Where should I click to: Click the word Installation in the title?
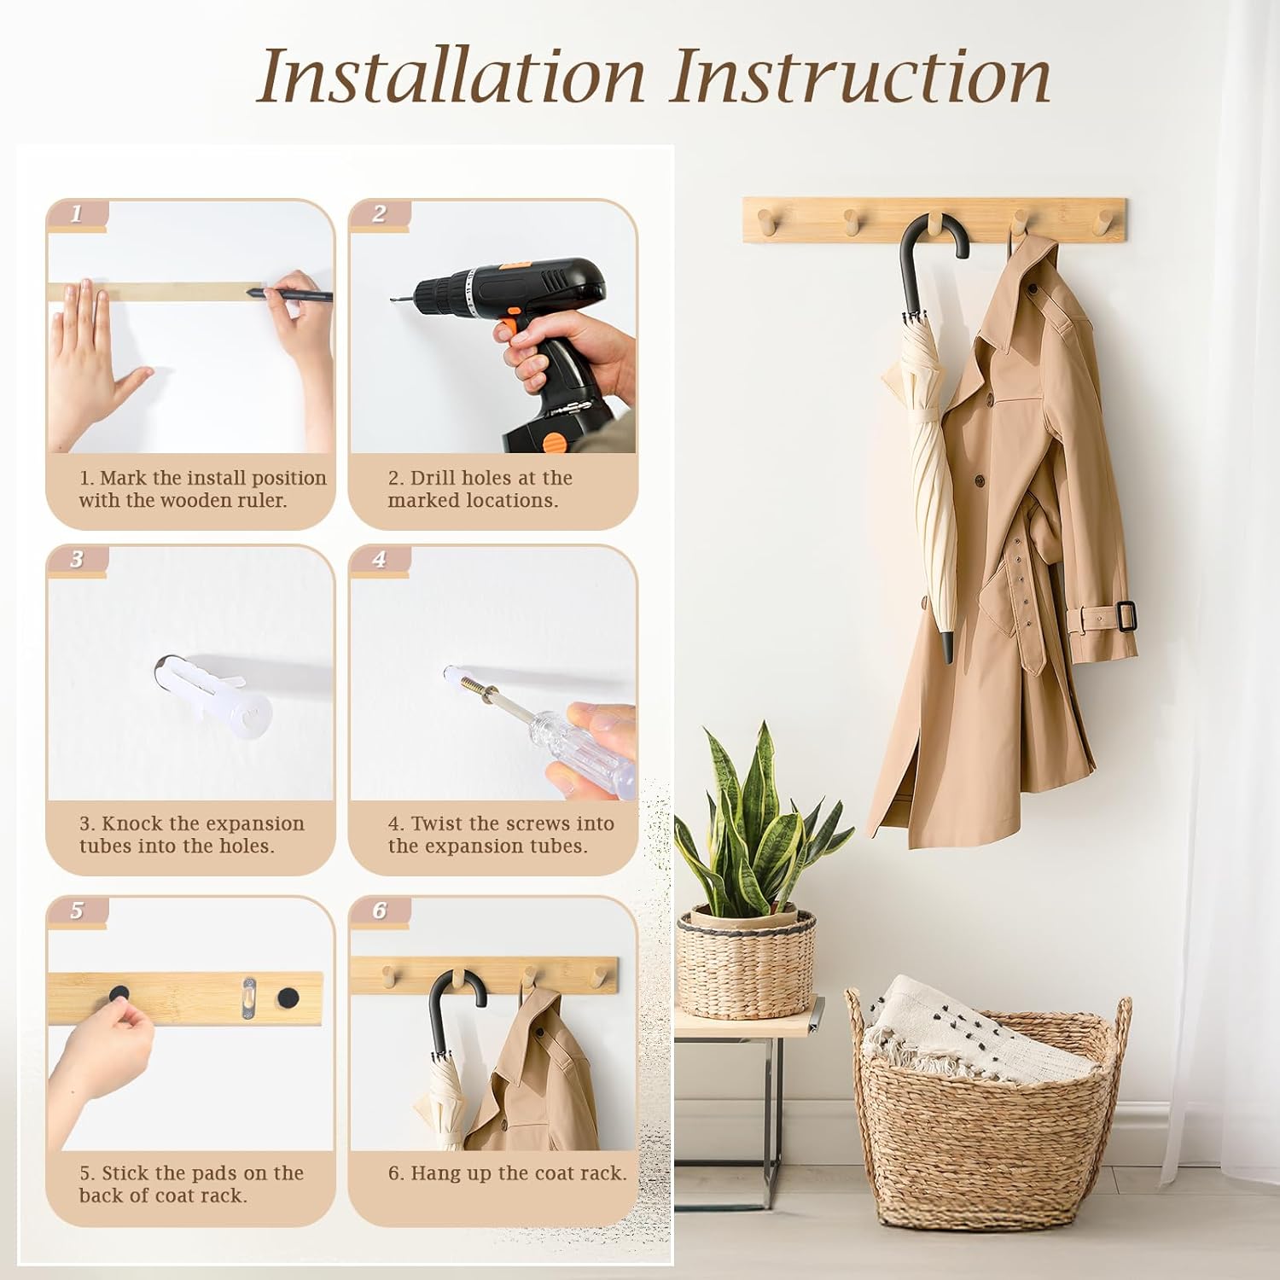(451, 77)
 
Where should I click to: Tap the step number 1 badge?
(77, 214)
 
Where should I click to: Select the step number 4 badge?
(380, 560)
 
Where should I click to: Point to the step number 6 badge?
(380, 911)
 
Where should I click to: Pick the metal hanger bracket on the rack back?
(249, 995)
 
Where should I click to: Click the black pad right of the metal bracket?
(289, 996)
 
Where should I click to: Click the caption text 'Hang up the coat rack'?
(507, 1173)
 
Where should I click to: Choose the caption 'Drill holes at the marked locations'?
(480, 489)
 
